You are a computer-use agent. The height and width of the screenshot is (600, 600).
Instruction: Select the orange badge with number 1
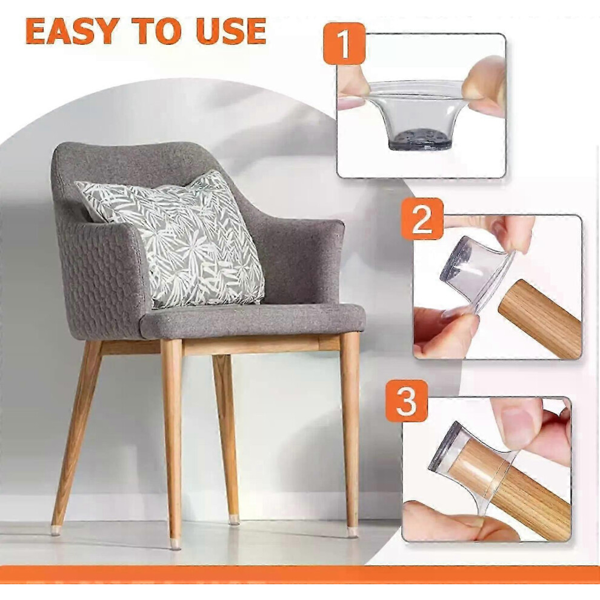344,43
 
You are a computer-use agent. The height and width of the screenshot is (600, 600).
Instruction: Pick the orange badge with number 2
422,219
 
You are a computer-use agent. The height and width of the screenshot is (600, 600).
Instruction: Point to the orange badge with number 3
407,401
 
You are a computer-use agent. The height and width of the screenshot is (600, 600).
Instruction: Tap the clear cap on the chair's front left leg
175,543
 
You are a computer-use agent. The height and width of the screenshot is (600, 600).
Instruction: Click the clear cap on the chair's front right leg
352,532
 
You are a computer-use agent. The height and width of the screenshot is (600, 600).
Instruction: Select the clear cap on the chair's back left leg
56,530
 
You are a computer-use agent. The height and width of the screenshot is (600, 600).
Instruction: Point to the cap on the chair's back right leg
234,520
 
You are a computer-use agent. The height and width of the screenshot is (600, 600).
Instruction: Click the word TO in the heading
157,32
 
